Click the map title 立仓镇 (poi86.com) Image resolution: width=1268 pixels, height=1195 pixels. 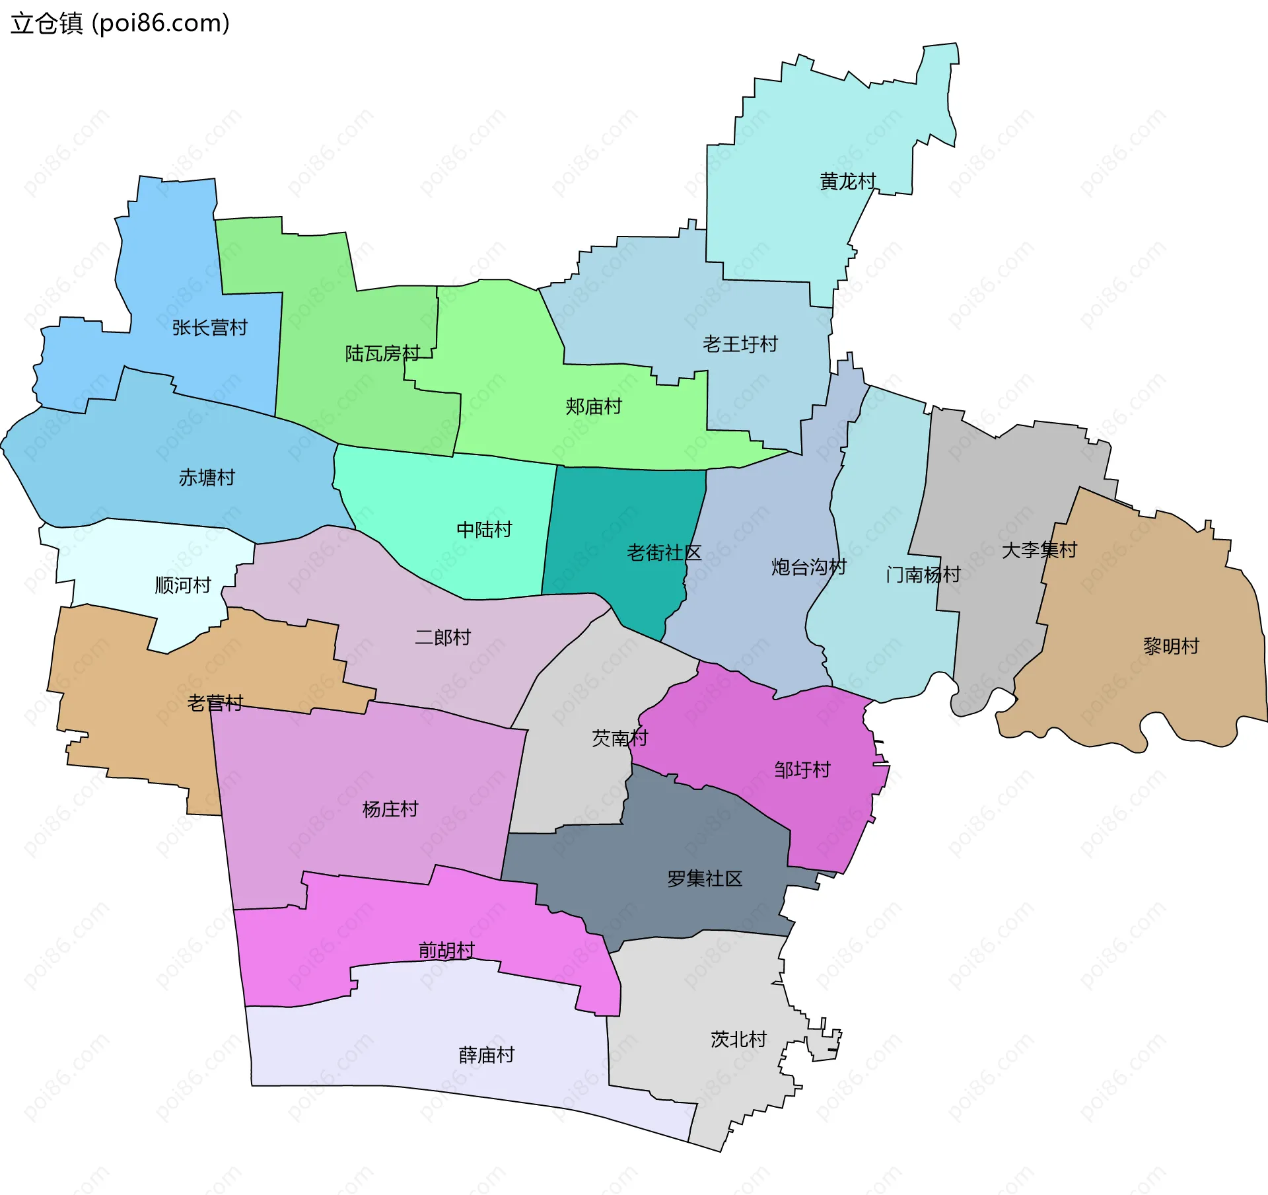coord(120,24)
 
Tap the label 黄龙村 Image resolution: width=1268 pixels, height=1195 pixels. coord(848,181)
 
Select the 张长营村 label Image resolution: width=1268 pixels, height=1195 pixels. coord(209,328)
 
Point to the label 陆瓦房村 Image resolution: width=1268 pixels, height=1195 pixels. coord(382,354)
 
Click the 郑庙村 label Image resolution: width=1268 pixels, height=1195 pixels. coord(594,407)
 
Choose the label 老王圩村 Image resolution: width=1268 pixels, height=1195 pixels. coord(740,344)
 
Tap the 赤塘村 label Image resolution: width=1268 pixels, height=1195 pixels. coord(207,478)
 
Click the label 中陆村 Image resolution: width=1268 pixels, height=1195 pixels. coord(484,530)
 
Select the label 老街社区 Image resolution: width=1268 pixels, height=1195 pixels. coord(664,553)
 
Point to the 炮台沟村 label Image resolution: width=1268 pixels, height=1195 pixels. coord(808,567)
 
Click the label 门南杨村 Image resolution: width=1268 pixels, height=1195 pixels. coord(923,575)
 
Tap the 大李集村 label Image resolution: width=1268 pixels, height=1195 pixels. coord(1039,550)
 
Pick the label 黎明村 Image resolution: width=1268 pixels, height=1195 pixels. coord(1171,646)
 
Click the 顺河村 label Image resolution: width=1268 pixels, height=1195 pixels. coord(183,585)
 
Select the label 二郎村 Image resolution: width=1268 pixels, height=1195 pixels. coord(442,637)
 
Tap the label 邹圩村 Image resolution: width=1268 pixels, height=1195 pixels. coord(802,770)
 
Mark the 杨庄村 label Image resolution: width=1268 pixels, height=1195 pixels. coord(390,809)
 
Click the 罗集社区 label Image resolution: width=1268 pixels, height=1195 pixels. coord(705,879)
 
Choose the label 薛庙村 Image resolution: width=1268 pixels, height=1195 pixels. coord(486,1055)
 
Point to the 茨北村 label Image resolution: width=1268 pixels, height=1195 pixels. coord(738,1039)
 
